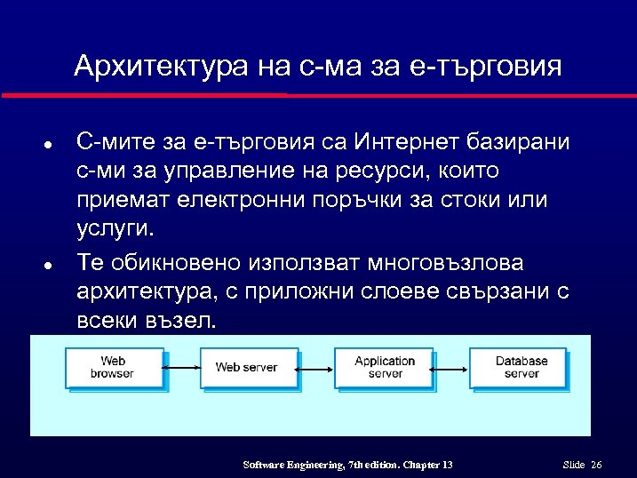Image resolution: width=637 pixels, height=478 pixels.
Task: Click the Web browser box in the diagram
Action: point(112,367)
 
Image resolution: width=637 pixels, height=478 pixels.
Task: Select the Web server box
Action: point(246,367)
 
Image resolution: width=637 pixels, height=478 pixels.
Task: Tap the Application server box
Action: point(384,367)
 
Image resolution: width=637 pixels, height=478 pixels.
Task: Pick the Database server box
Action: point(521,367)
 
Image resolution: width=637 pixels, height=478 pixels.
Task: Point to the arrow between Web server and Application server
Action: point(315,367)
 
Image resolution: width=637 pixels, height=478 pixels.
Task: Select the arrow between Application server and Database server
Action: point(452,367)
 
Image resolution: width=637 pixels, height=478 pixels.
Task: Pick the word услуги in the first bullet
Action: point(115,229)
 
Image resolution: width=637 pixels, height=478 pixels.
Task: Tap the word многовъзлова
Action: point(433,263)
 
